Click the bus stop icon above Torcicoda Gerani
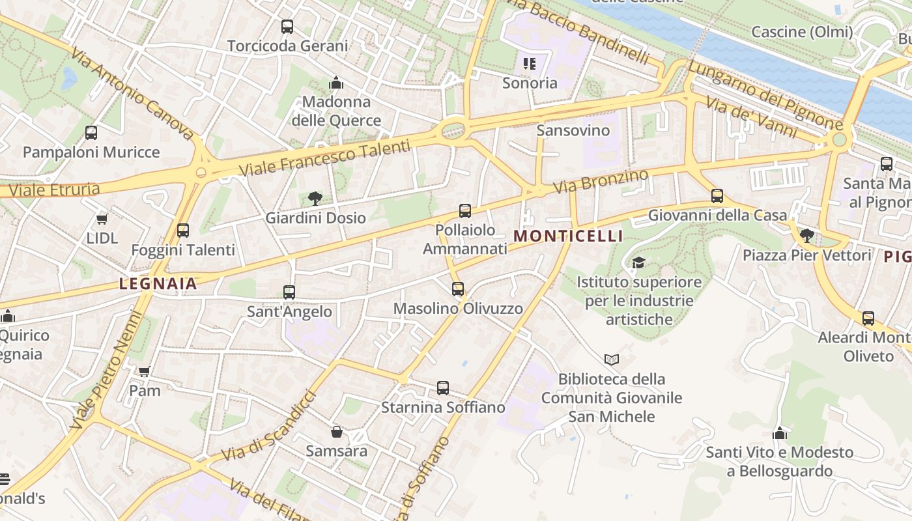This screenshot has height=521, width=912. (x=287, y=27)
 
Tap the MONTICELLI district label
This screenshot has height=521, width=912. (x=569, y=236)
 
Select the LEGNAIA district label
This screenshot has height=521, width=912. (x=158, y=284)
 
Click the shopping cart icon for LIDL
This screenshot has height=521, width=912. (x=102, y=219)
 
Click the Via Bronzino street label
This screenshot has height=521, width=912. (x=601, y=180)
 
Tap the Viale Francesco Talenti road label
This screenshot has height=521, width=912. (x=325, y=158)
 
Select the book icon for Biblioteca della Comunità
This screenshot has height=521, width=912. (x=611, y=359)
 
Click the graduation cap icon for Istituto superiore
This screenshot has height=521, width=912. (x=638, y=262)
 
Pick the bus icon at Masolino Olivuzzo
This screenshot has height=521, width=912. (x=458, y=289)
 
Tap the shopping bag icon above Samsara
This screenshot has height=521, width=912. (x=337, y=432)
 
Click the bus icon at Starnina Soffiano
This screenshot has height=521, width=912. (x=443, y=388)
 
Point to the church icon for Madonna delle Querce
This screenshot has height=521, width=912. (x=336, y=83)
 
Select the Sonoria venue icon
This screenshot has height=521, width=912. (x=530, y=64)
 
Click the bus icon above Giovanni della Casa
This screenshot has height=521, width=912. (x=717, y=196)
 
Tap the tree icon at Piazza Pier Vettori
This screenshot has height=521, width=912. (x=806, y=236)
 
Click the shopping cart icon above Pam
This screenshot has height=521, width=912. (x=144, y=371)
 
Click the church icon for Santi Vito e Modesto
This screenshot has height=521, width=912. (x=780, y=433)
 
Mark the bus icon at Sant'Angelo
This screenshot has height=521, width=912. (x=289, y=292)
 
